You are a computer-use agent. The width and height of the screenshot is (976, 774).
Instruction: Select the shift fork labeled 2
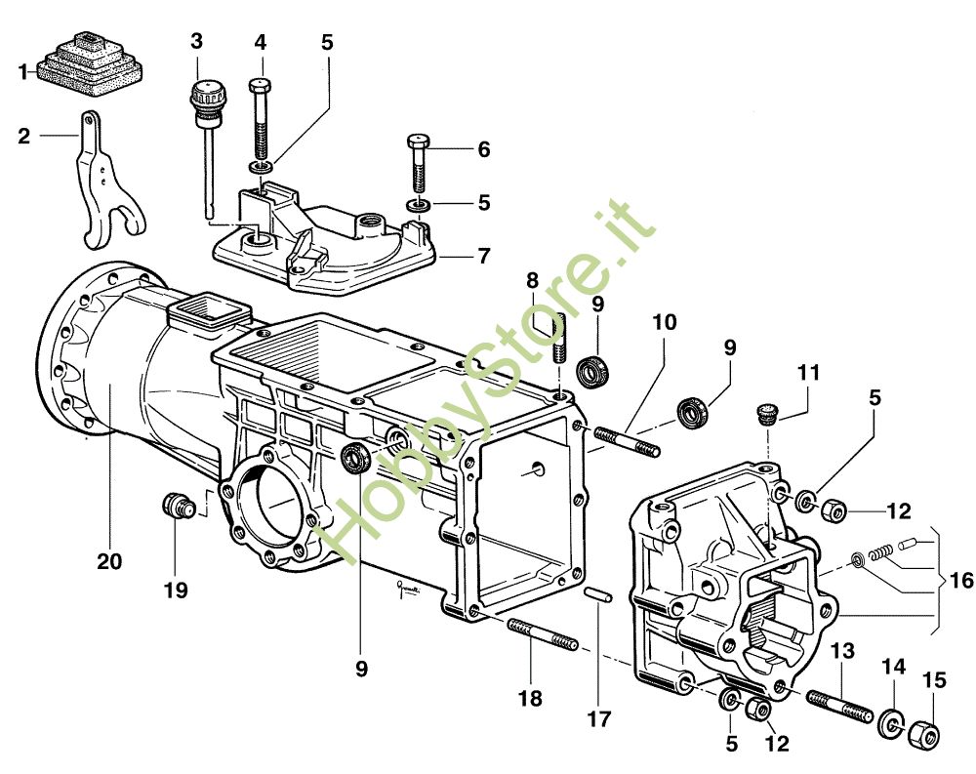tap(109, 181)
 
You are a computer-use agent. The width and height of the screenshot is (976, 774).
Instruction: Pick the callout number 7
tap(484, 256)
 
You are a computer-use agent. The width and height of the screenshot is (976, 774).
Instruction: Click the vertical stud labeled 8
tap(558, 338)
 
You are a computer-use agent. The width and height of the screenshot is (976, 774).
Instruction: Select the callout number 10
tap(665, 322)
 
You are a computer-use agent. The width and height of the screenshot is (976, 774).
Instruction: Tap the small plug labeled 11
tap(766, 414)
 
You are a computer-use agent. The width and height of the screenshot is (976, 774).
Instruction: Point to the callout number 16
tap(961, 581)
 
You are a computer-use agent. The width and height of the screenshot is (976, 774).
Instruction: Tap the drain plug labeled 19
tap(180, 505)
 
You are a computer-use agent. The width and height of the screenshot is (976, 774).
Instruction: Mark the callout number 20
tap(109, 561)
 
